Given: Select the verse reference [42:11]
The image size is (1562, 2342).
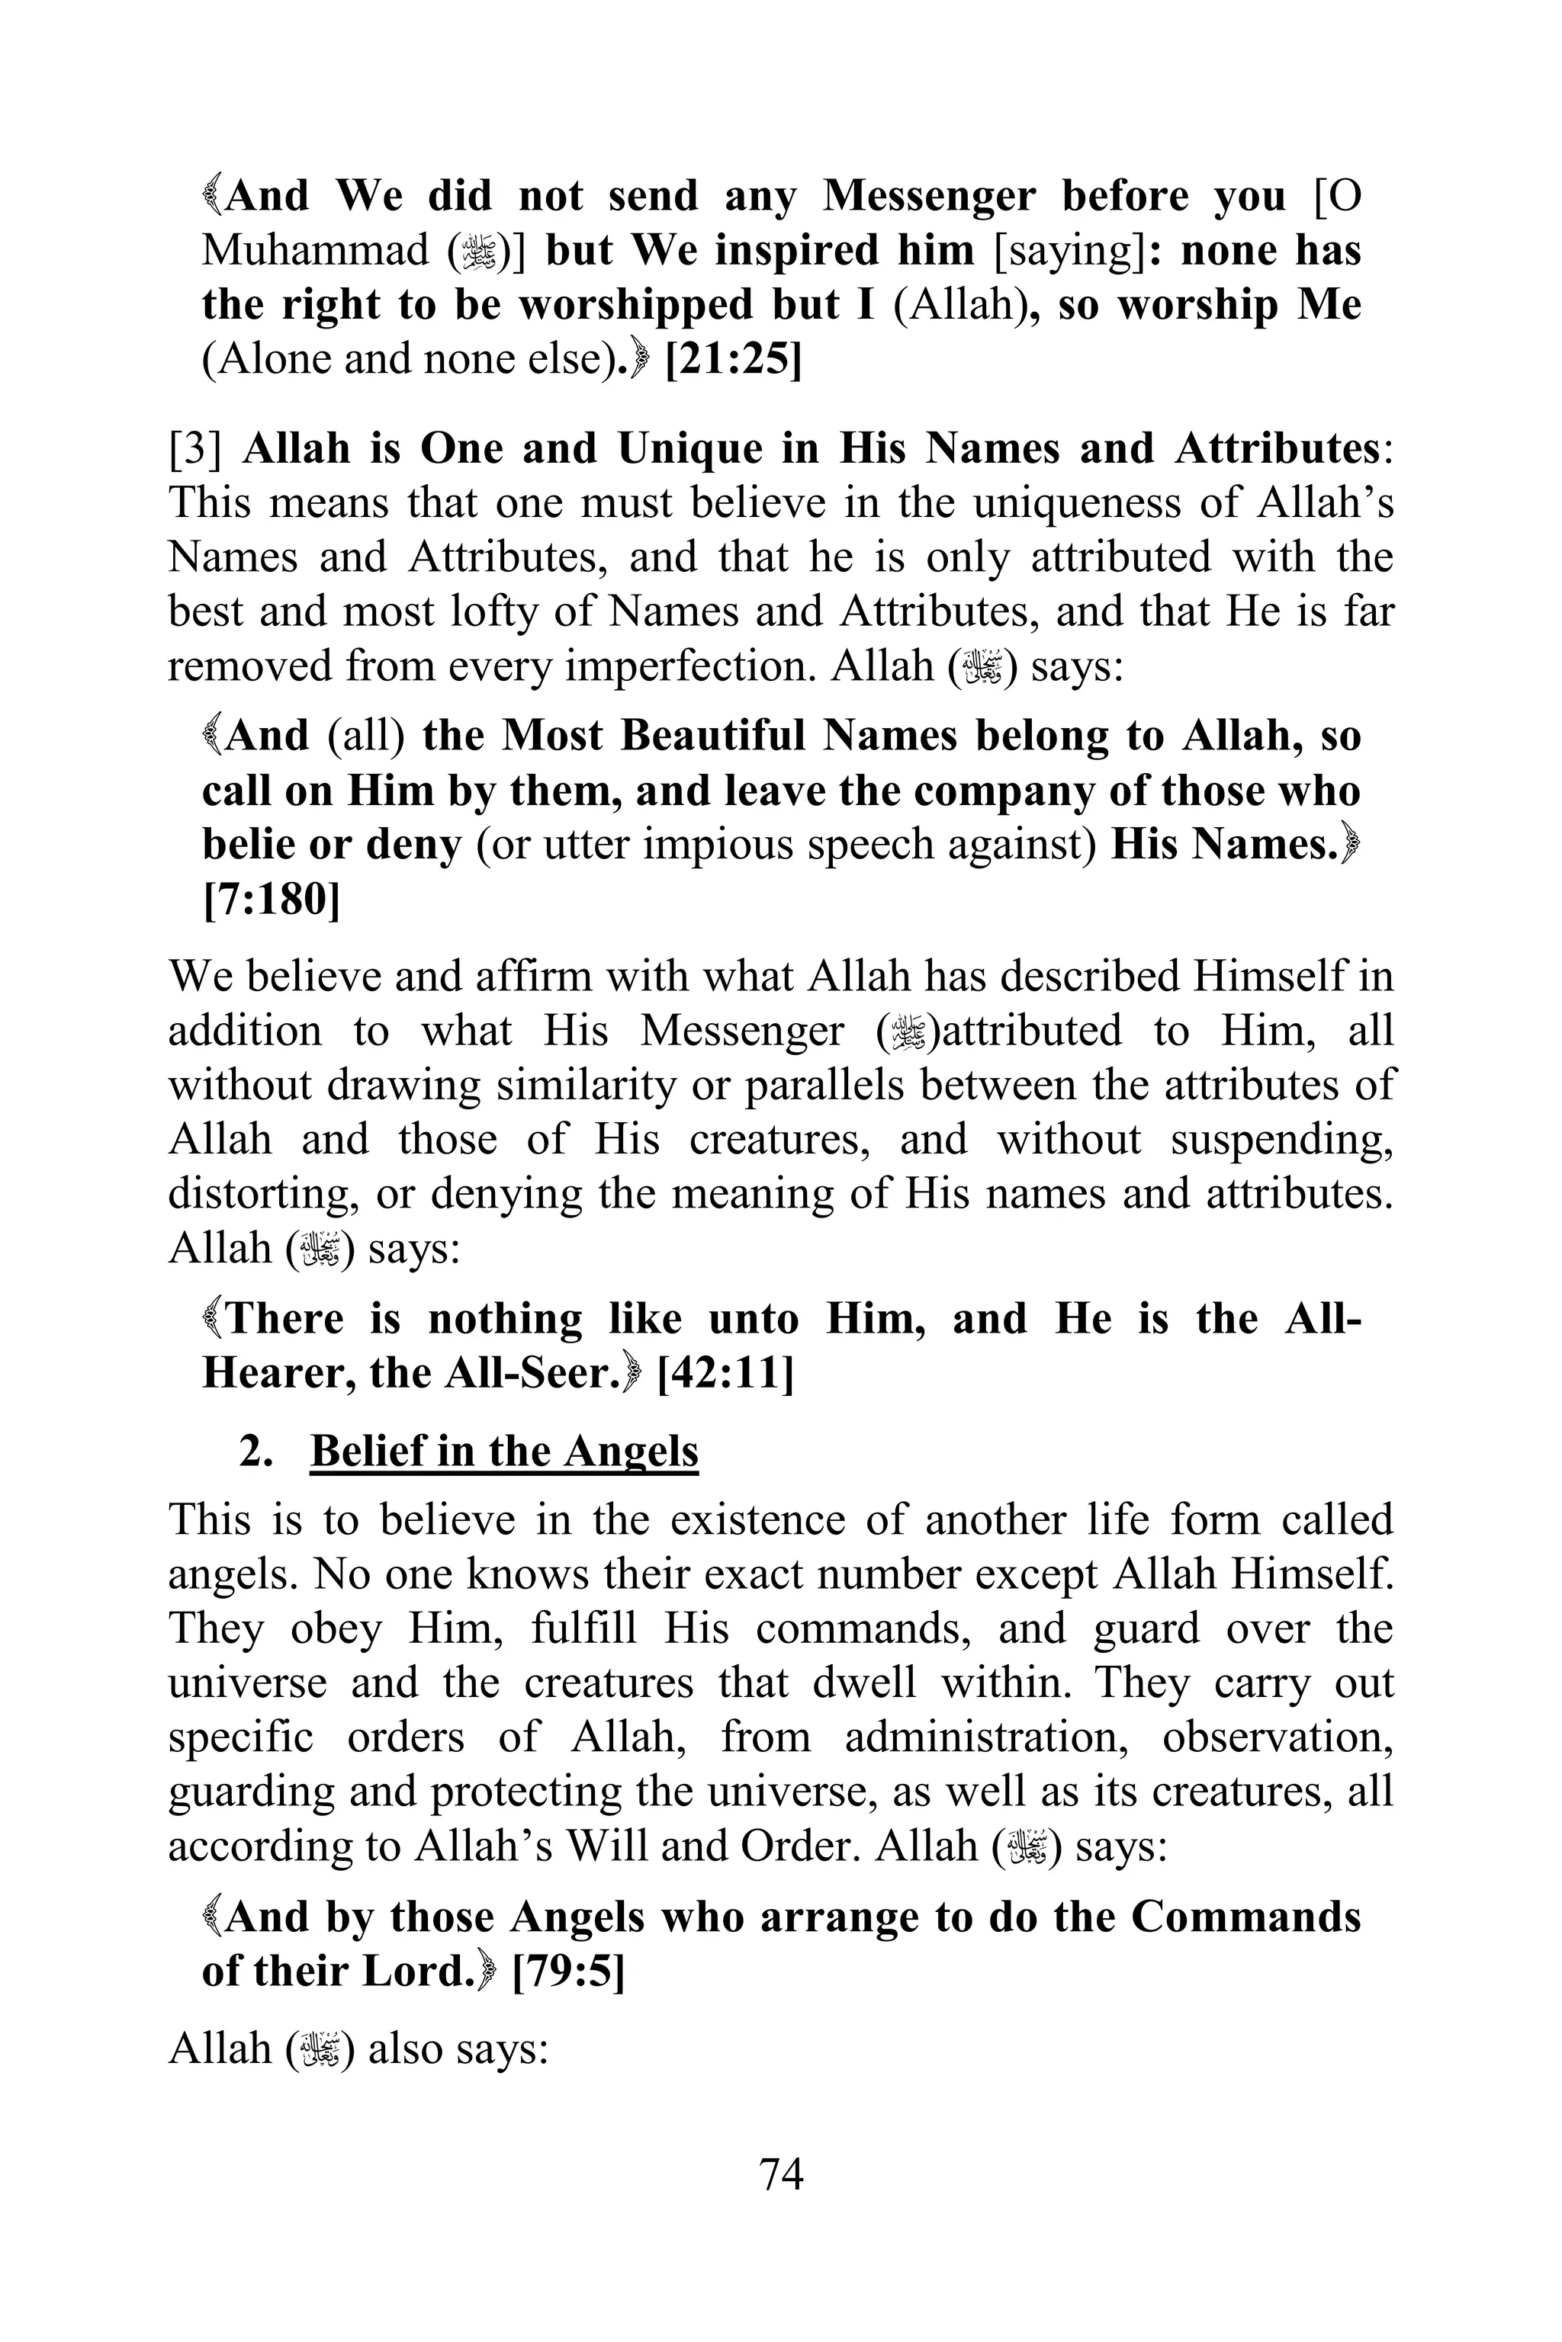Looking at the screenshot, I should pyautogui.click(x=725, y=1374).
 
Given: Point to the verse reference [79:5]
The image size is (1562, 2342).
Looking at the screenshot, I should pyautogui.click(x=567, y=1971).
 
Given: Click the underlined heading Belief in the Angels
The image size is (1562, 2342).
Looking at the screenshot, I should pyautogui.click(x=504, y=1451).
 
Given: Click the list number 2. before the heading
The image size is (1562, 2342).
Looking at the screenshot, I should pyautogui.click(x=256, y=1452).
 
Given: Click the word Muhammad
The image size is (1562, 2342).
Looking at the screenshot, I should pyautogui.click(x=315, y=251).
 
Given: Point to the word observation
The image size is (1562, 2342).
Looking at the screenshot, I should pyautogui.click(x=1277, y=1737).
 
